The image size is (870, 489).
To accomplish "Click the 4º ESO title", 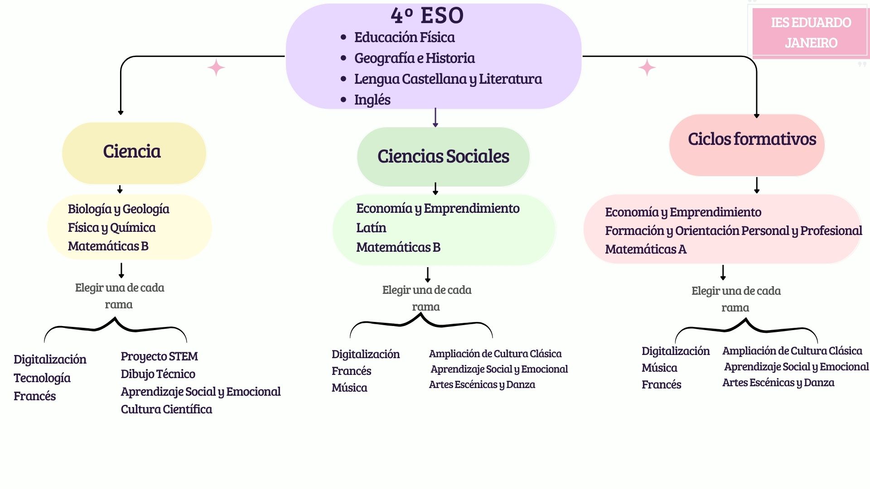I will click(427, 15).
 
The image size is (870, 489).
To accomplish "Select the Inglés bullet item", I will click(372, 100).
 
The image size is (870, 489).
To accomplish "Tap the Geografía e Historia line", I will click(414, 58).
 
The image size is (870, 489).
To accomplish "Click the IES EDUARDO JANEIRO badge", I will click(811, 33).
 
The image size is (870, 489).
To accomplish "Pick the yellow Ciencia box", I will click(134, 153).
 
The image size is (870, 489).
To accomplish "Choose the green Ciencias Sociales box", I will click(443, 157).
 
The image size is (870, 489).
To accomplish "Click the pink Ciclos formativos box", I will click(747, 145).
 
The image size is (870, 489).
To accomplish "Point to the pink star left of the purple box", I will click(216, 67).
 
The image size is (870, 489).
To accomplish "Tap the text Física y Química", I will click(111, 227).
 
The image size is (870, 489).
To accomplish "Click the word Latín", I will click(371, 228).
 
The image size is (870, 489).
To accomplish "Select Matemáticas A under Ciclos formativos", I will click(645, 249).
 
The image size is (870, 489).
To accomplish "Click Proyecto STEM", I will click(159, 356).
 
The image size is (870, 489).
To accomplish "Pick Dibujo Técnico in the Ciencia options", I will click(158, 374).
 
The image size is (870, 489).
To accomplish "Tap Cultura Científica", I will click(166, 409).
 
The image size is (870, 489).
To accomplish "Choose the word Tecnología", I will click(42, 378).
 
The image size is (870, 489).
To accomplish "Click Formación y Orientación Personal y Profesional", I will click(733, 230).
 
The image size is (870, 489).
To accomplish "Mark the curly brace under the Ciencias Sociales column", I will click(421, 322).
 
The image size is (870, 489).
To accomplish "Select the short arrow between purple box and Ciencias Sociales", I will click(435, 118).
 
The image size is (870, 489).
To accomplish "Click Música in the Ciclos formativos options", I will click(659, 368).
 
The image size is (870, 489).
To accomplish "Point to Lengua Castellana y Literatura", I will click(448, 79).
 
